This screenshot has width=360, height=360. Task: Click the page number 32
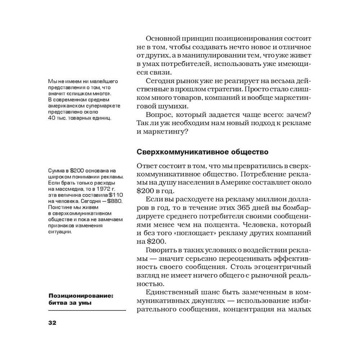(52, 323)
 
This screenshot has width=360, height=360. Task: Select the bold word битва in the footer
(58, 302)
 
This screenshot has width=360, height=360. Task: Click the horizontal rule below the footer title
(87, 310)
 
